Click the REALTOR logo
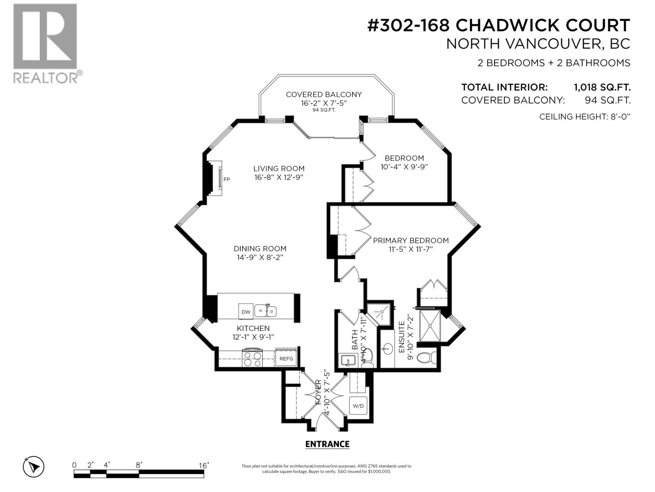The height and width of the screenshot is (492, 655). [45, 43]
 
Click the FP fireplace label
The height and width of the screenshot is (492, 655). [226, 179]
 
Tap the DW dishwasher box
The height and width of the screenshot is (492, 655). [246, 312]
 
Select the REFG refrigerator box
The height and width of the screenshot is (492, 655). [286, 358]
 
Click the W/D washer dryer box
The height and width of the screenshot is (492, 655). [358, 406]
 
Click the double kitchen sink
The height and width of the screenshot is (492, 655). [266, 311]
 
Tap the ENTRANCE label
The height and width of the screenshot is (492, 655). [327, 444]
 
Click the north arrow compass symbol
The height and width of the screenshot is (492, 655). [34, 467]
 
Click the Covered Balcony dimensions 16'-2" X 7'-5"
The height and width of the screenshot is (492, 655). [324, 103]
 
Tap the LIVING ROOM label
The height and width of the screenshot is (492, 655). [279, 169]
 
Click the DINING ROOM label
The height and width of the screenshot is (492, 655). [260, 248]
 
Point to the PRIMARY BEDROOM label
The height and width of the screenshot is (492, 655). [411, 240]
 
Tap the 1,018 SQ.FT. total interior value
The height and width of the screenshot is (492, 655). [602, 87]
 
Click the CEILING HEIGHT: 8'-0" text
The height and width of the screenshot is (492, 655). [585, 116]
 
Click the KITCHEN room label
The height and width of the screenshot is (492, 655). [253, 328]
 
